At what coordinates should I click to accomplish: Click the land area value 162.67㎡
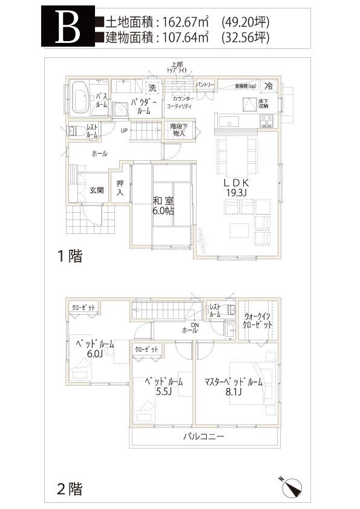pyautogui.click(x=182, y=22)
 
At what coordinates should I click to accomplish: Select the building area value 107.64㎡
pyautogui.click(x=182, y=37)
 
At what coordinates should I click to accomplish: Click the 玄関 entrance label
pyautogui.click(x=97, y=190)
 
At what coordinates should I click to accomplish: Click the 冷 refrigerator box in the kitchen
pyautogui.click(x=269, y=86)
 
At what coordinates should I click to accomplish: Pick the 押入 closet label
pyautogui.click(x=120, y=188)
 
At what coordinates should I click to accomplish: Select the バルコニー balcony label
pyautogui.click(x=204, y=436)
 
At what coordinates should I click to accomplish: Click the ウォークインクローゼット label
pyautogui.click(x=258, y=320)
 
